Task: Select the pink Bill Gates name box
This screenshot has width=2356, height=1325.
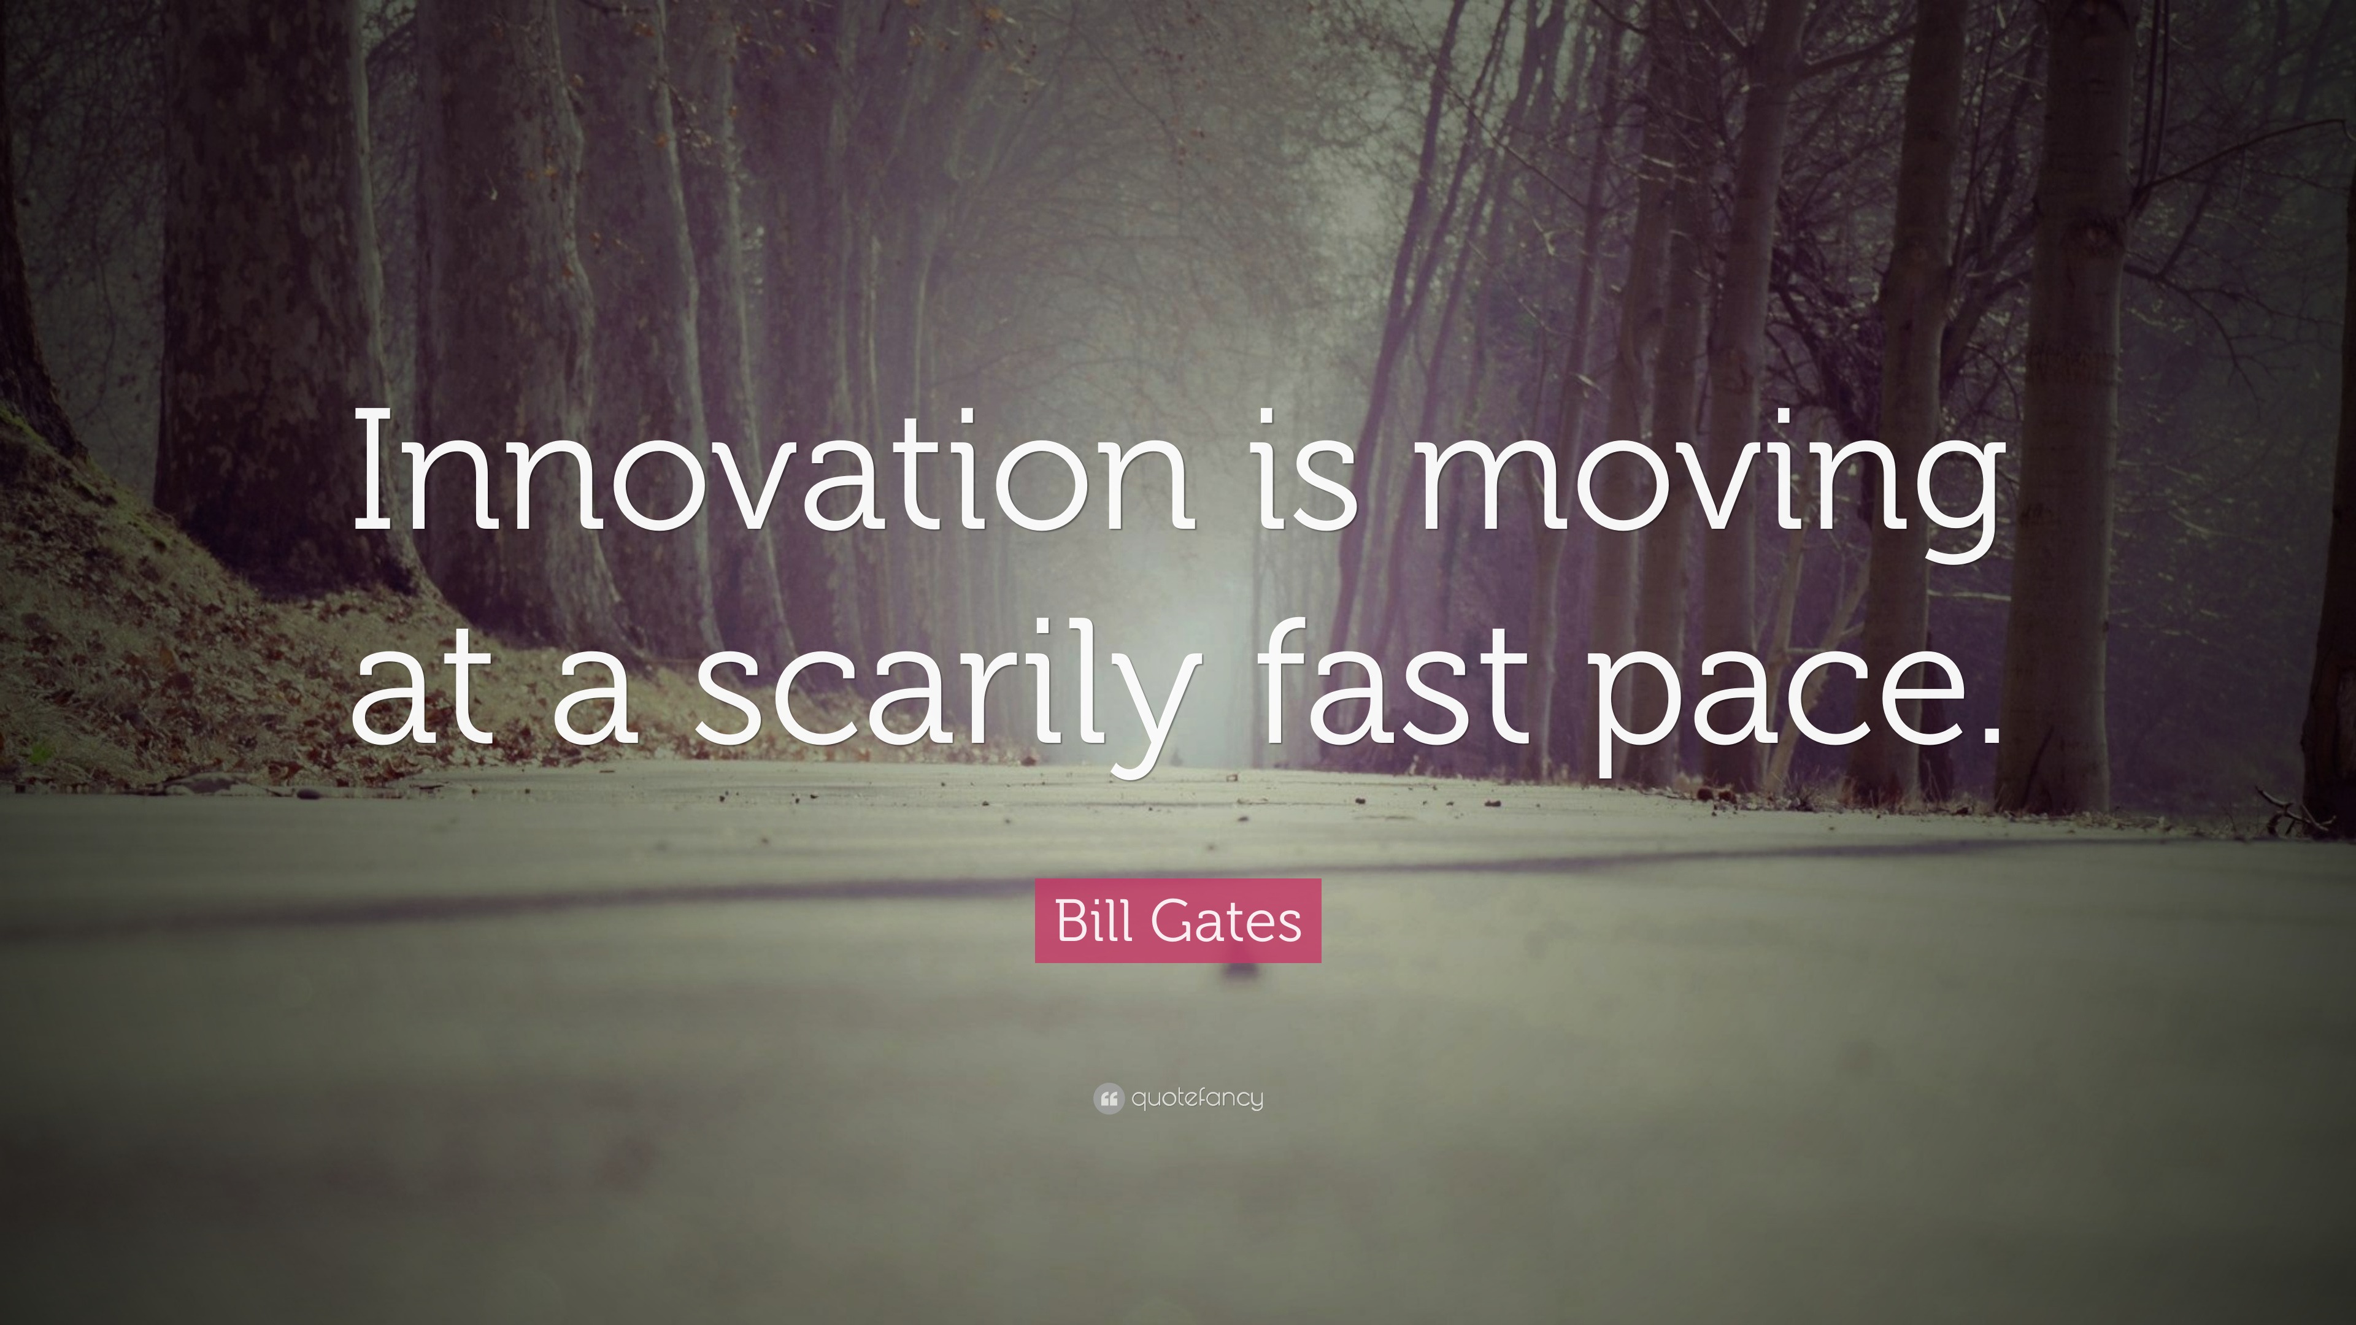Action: coord(1178,921)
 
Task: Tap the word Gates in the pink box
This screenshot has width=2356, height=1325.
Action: coord(1226,921)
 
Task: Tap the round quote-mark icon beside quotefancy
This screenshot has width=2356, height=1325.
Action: coord(1107,1098)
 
